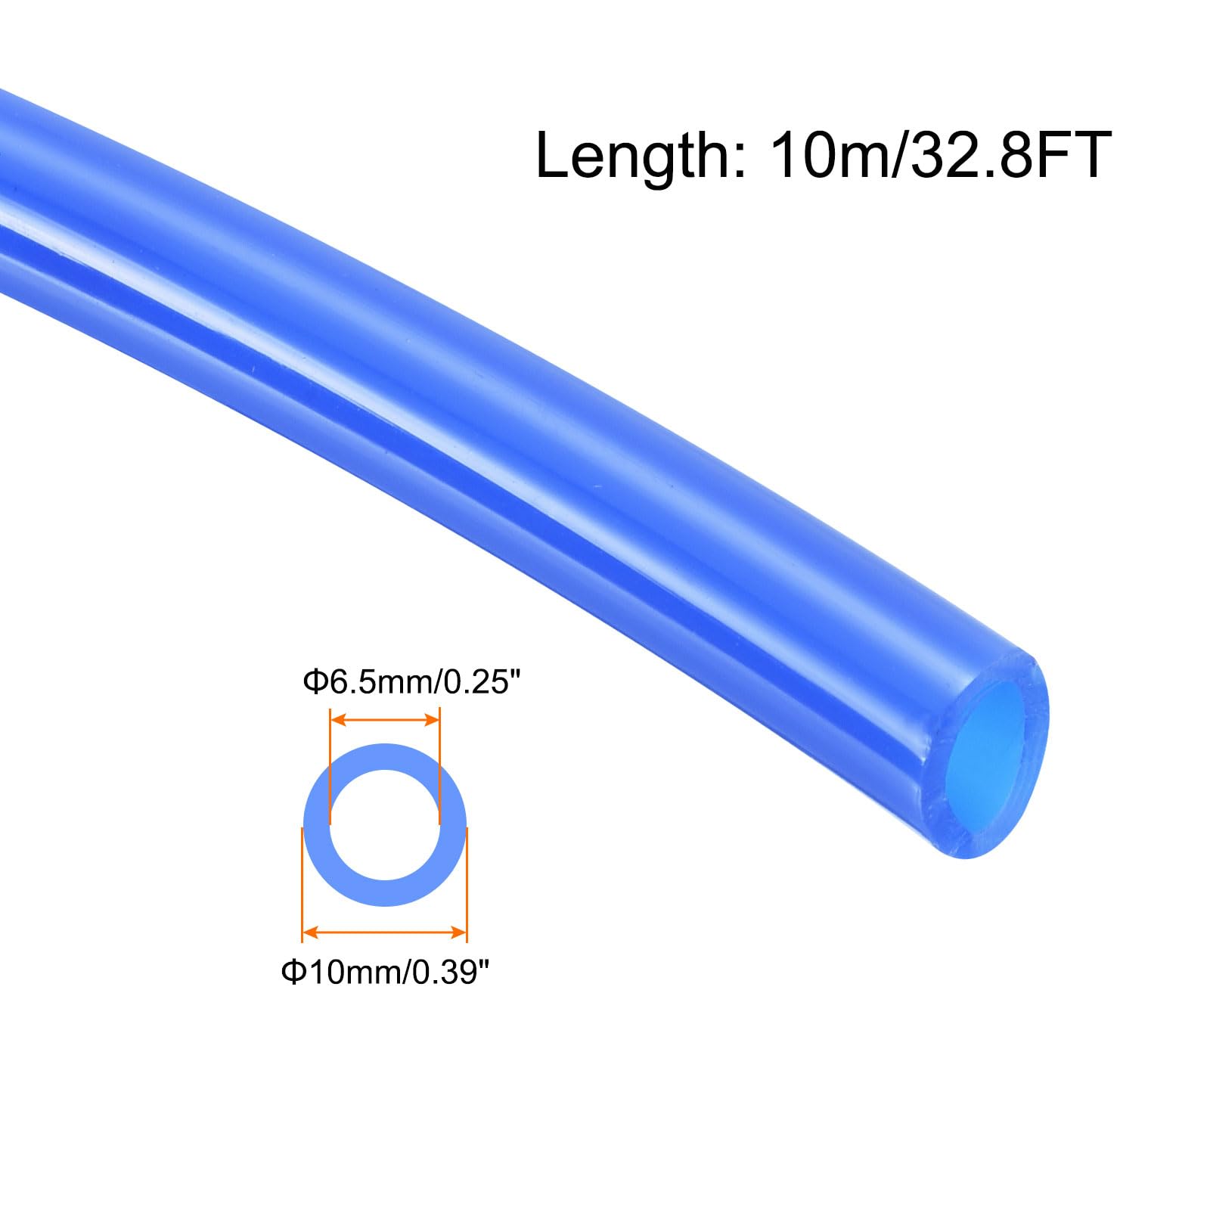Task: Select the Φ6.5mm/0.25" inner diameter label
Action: [412, 683]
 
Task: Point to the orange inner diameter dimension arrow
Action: [385, 720]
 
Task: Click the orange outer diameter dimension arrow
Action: [384, 931]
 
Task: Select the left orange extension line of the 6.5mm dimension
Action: [330, 766]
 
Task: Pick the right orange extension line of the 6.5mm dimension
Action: [439, 766]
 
